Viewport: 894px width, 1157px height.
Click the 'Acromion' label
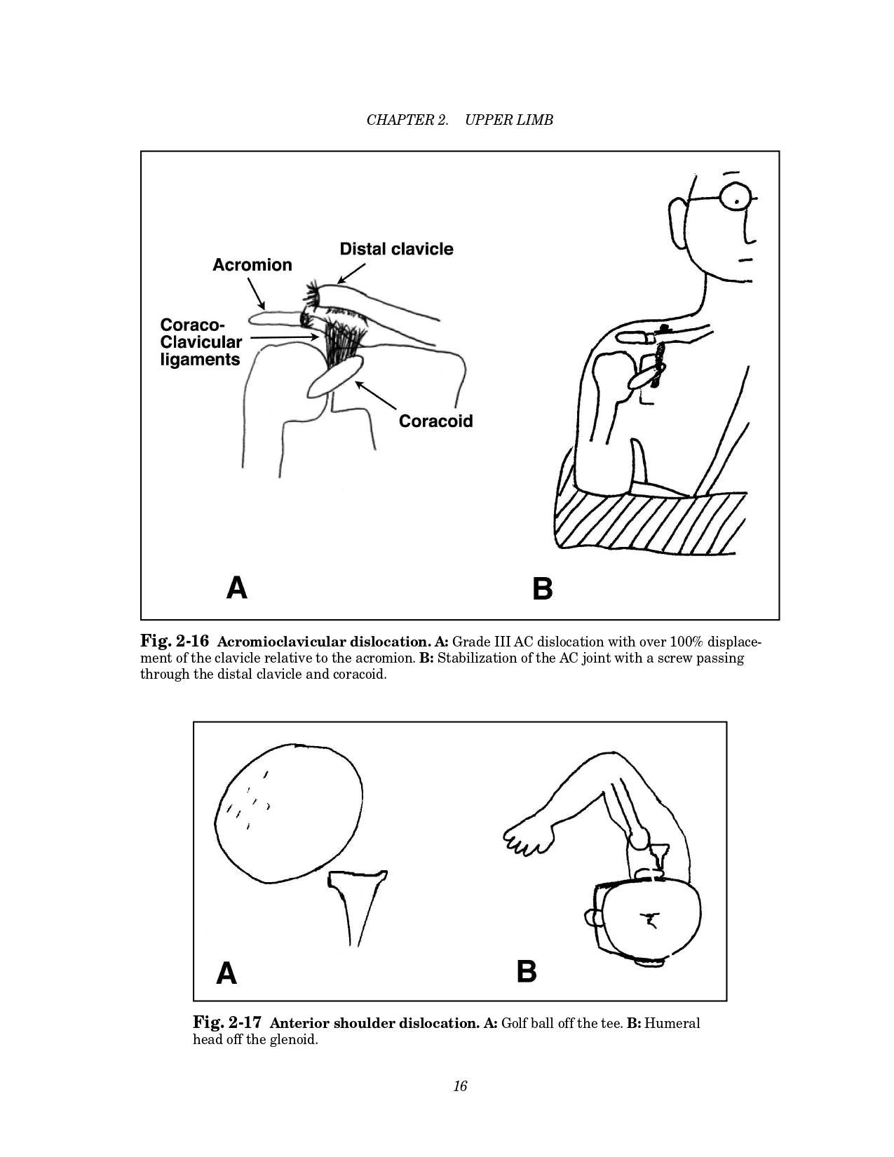[252, 265]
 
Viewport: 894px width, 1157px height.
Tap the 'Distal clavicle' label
[396, 249]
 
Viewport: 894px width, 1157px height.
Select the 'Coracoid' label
[435, 421]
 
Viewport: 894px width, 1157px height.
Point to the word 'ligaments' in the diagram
[200, 360]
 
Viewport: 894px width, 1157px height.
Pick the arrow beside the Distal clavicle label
[352, 273]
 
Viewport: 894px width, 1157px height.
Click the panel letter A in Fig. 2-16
[237, 588]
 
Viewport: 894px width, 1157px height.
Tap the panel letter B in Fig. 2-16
[542, 588]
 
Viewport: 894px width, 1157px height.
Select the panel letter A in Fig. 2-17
[226, 973]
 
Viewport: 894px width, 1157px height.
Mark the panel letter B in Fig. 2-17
[527, 972]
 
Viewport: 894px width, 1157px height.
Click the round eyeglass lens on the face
[737, 197]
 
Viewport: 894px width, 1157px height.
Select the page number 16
[460, 1086]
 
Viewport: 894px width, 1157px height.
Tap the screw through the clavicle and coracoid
[658, 365]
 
